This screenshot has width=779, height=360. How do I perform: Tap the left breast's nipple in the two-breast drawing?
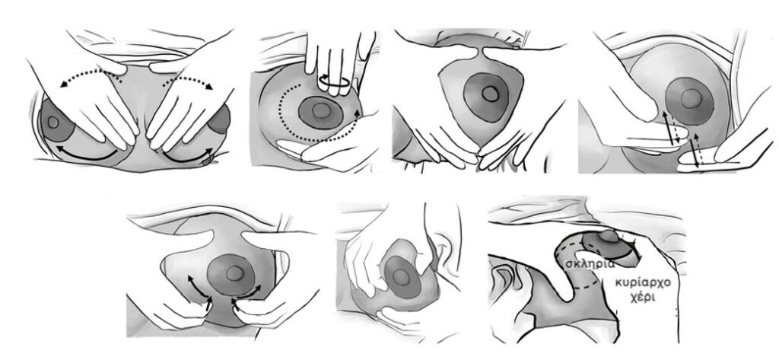point(52,123)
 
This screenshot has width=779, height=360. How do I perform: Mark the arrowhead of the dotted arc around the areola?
point(356,113)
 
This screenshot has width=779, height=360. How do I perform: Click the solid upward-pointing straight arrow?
point(668,128)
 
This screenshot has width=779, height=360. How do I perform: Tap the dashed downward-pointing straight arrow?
point(676,129)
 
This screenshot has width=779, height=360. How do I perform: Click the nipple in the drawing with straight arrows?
point(691,99)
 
